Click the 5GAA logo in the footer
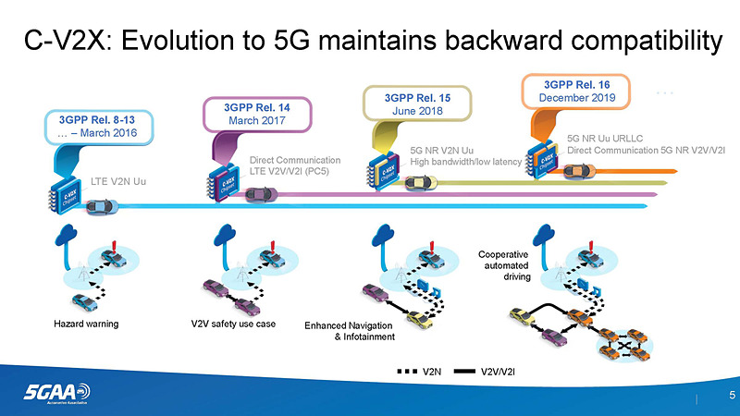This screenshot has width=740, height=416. pyautogui.click(x=56, y=393)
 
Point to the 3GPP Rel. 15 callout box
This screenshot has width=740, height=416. pyautogui.click(x=415, y=104)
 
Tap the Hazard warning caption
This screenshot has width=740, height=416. pyautogui.click(x=85, y=324)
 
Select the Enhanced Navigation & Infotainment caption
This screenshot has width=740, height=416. pyautogui.click(x=350, y=331)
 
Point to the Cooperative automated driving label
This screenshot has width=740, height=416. pyautogui.click(x=504, y=264)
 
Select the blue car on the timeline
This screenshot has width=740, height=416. pyautogui.click(x=99, y=205)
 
